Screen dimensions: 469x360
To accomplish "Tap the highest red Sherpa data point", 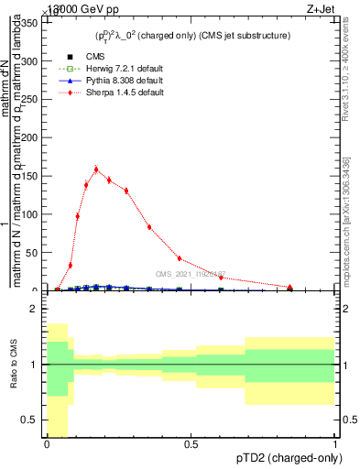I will (96, 169).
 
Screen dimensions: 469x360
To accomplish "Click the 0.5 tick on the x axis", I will (191, 444).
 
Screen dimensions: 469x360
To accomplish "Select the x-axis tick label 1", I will (334, 444).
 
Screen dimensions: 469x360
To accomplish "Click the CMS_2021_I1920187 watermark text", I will (191, 273).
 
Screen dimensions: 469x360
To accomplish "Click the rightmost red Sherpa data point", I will (290, 288).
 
